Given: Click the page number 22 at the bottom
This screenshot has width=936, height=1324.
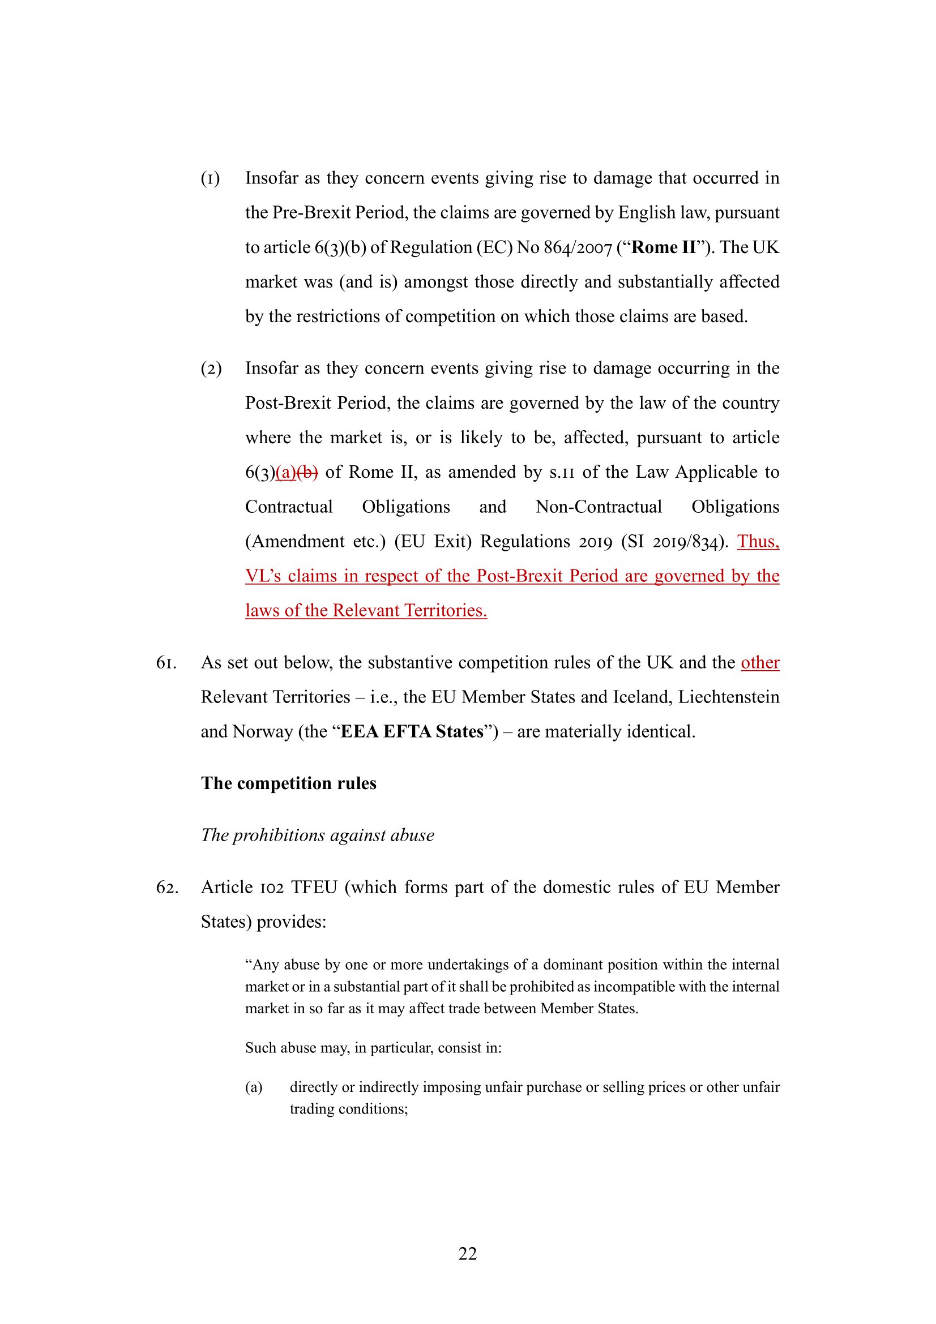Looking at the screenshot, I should [467, 1253].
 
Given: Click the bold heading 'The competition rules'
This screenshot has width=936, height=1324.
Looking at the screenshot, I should [288, 783].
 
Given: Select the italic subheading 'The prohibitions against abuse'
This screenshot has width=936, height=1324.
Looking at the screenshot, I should [317, 835].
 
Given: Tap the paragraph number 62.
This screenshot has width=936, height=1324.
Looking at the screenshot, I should [166, 887].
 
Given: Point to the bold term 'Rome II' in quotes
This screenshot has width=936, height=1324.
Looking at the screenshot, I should [664, 247].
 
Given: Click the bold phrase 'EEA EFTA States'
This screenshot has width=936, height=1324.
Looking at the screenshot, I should [412, 732].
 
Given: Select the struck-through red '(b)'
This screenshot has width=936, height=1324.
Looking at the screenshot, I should [307, 472].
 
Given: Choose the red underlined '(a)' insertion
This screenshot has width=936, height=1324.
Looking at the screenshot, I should [286, 472].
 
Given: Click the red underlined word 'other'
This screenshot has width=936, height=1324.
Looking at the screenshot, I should [759, 663].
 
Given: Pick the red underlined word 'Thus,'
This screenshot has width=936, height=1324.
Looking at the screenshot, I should [758, 542].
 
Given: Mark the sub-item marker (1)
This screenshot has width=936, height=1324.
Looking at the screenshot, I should [211, 178].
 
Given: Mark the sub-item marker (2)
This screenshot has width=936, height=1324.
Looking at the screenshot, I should [211, 369].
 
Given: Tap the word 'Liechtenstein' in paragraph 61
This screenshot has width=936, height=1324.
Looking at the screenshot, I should [728, 697].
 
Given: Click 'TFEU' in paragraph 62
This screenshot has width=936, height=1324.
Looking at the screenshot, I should [314, 887].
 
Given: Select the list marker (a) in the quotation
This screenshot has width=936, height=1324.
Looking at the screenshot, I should [254, 1087].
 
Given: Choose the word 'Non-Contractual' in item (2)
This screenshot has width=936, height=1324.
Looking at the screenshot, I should [599, 507].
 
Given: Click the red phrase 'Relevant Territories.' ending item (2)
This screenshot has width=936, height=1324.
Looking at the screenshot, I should [409, 611].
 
